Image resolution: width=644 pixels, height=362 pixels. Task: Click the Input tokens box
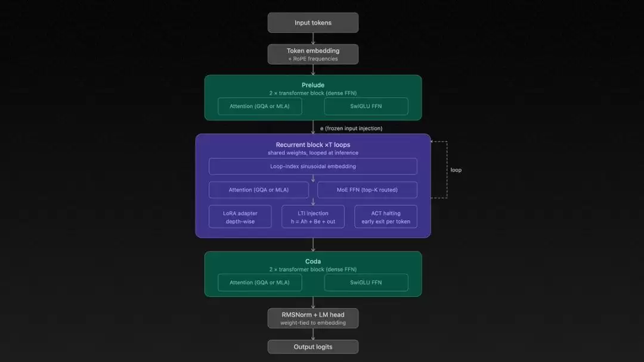313,23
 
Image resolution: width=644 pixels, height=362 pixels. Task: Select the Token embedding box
313,54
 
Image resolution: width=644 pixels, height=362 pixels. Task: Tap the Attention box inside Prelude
259,107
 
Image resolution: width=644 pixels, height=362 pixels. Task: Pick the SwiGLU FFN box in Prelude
366,107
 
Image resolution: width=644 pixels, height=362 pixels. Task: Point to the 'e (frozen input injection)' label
351,128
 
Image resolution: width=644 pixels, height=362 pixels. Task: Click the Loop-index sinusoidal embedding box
313,166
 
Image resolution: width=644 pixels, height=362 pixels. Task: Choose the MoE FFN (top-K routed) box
367,190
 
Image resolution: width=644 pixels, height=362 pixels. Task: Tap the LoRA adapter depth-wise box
240,217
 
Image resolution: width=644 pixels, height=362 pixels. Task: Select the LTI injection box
313,217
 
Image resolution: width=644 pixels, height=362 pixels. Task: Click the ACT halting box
385,217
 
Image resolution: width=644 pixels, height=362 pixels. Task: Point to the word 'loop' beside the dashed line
456,170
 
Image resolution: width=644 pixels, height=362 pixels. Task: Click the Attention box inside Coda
259,282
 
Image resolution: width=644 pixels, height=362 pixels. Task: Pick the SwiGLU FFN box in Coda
366,282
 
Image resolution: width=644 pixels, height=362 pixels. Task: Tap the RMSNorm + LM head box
313,318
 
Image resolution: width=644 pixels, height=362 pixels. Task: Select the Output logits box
313,347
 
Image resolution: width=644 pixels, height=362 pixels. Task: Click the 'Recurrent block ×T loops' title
313,145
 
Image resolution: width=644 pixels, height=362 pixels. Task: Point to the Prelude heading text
313,85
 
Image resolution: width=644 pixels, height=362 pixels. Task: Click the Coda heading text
313,261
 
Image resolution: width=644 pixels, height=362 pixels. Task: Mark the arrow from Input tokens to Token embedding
313,38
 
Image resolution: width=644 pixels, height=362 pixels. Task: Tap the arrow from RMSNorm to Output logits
313,334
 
